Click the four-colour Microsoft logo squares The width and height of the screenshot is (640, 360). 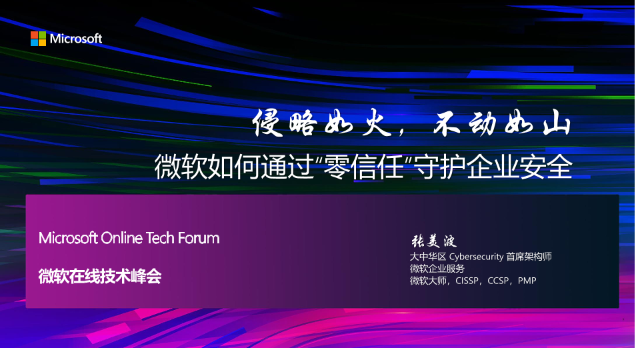click(39, 39)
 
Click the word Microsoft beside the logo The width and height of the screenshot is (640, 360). click(76, 39)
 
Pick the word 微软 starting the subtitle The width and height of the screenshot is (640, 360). click(181, 167)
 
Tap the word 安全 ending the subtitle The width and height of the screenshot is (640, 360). click(546, 167)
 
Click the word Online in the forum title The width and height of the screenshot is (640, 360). click(121, 238)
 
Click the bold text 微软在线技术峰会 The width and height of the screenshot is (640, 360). click(100, 276)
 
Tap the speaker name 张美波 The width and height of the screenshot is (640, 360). click(433, 241)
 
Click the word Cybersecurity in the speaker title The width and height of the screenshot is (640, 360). click(476, 257)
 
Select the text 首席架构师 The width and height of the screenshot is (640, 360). click(529, 256)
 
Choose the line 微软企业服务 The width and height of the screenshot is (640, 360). click(437, 269)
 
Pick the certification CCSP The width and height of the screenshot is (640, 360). click(499, 281)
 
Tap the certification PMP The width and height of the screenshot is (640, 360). click(527, 281)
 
